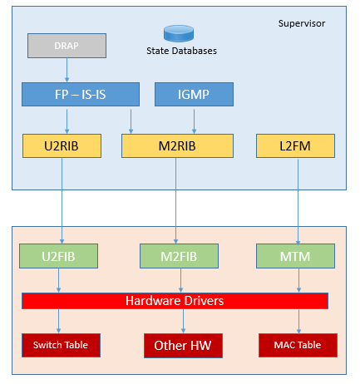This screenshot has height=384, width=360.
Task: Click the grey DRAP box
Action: (x=67, y=46)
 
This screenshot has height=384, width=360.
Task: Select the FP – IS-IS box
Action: (x=81, y=94)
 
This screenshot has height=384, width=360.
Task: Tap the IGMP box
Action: (x=194, y=94)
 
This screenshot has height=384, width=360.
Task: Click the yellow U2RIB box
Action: (x=62, y=146)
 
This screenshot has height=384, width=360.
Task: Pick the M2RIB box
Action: (x=177, y=146)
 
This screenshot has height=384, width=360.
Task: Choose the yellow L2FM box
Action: (x=295, y=146)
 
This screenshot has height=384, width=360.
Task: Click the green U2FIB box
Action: (x=58, y=256)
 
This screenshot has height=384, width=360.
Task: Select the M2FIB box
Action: (x=179, y=256)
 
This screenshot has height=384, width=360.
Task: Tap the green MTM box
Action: (x=295, y=256)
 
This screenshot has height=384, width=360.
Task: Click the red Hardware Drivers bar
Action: (x=175, y=301)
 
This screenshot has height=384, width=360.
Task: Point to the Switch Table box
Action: (x=61, y=345)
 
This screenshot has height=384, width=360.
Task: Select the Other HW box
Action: (x=183, y=346)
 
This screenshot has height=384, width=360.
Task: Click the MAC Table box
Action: (x=298, y=345)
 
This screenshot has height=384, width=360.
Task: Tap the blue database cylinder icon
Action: (x=179, y=33)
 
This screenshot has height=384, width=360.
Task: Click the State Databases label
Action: (x=181, y=51)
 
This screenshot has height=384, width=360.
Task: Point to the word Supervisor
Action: (x=302, y=23)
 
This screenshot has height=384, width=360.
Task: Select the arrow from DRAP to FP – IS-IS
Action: (x=67, y=70)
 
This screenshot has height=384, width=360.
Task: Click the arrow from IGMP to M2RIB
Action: (x=194, y=121)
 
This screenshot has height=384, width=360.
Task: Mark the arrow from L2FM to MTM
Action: (x=298, y=202)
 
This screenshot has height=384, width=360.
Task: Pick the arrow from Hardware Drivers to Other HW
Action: (x=183, y=322)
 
